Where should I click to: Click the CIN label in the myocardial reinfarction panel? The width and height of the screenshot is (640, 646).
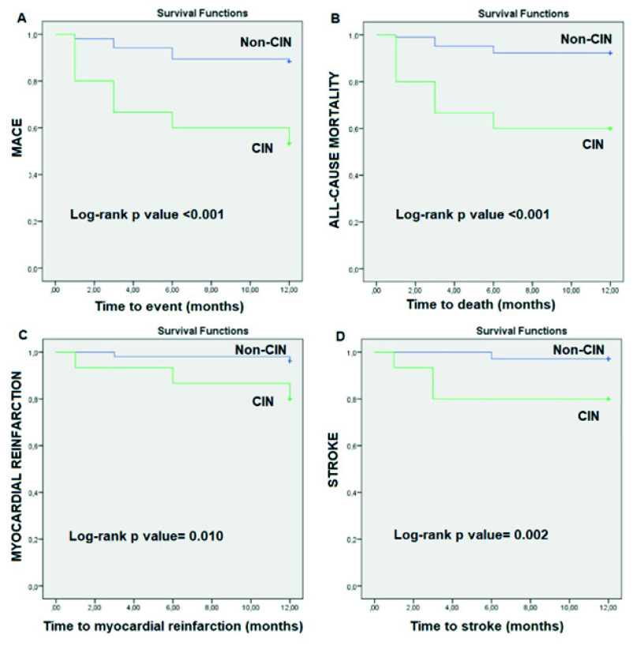(x=263, y=401)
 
